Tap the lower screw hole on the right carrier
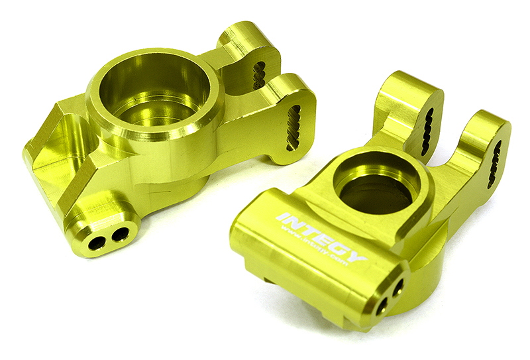(x=382, y=306)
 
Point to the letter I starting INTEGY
(x=281, y=217)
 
